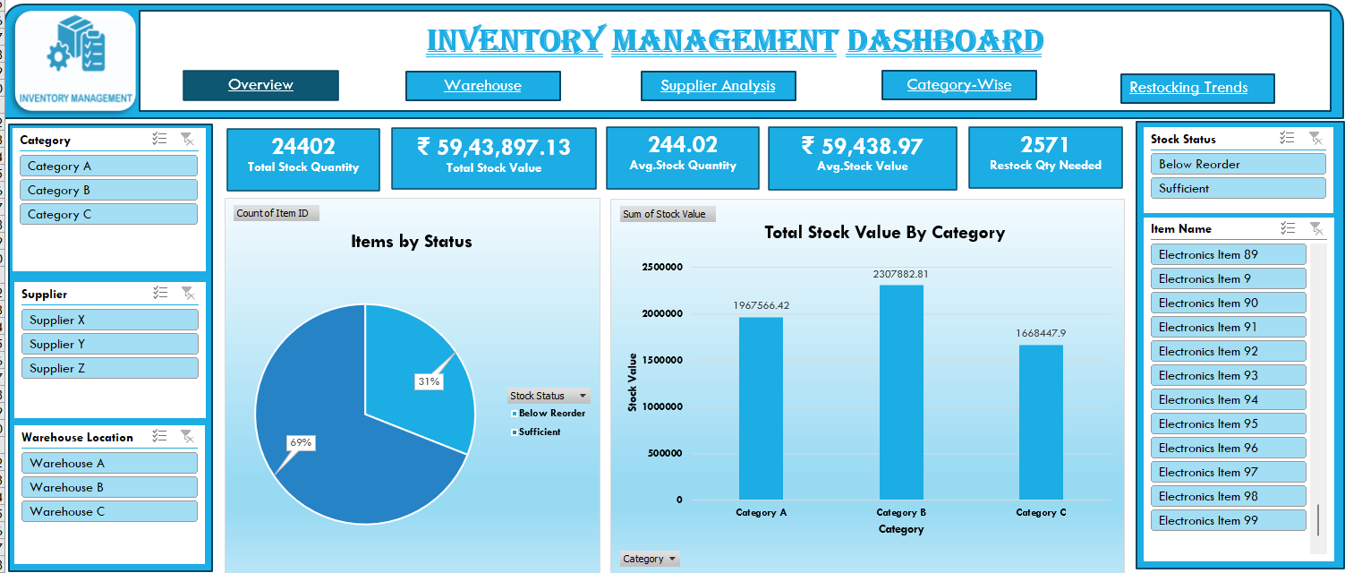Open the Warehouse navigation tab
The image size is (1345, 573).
482,86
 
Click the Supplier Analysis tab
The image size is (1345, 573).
718,86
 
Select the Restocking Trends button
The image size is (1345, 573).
1196,88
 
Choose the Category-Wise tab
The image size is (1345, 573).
958,85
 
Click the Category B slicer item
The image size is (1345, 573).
108,190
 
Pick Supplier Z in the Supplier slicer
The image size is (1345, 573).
109,368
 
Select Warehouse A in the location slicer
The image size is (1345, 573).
109,463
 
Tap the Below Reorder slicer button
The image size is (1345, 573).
1237,164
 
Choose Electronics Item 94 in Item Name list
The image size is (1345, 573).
1228,399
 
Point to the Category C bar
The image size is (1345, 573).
1041,422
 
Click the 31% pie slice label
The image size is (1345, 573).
429,381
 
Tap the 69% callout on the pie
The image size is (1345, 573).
300,442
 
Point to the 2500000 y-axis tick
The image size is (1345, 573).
662,267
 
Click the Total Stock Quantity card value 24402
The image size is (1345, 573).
303,146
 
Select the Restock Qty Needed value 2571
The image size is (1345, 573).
1045,145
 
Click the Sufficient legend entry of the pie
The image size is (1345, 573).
539,432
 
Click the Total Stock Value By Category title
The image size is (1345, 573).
884,233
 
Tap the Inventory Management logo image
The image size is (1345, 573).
76,60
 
